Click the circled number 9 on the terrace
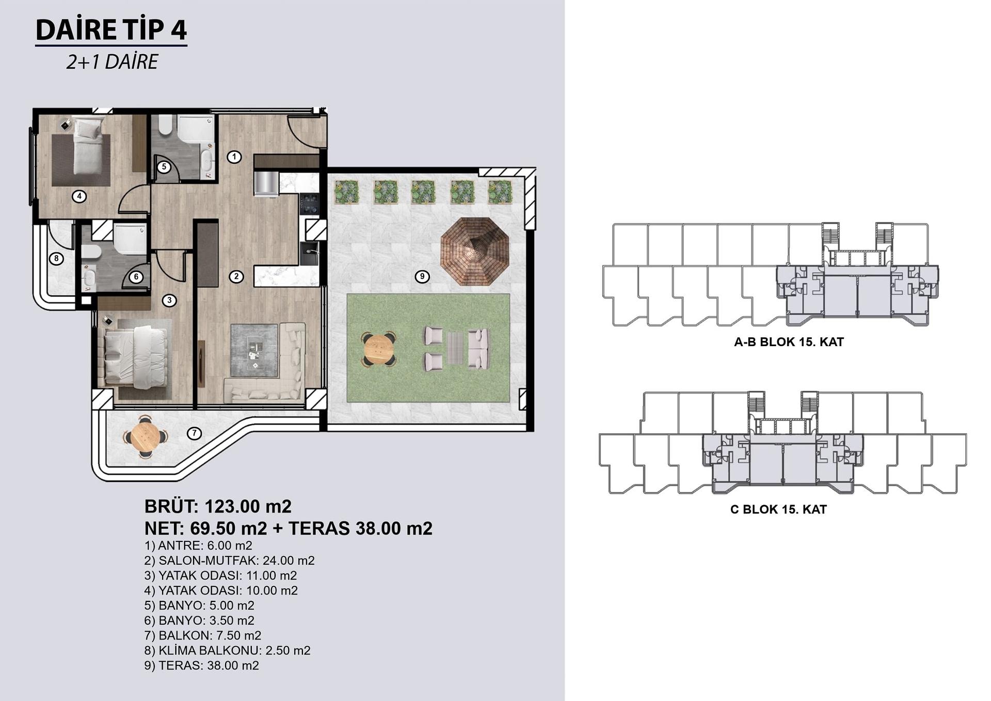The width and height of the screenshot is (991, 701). tap(422, 276)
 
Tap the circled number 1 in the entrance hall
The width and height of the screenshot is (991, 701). tap(234, 157)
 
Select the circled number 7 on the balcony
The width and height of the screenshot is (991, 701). tap(194, 433)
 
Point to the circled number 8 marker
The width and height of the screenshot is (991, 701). tap(56, 259)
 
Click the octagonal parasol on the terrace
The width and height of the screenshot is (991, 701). tap(475, 251)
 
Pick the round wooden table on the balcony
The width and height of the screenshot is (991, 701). tap(146, 437)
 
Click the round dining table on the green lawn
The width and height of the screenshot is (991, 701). tap(379, 349)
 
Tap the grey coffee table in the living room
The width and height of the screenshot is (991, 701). tap(254, 350)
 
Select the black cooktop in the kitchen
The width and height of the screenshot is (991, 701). tap(310, 204)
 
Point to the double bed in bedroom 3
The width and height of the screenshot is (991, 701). tap(136, 357)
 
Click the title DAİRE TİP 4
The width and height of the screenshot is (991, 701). tap(111, 29)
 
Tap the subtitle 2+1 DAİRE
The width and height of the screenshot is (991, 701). tap(112, 62)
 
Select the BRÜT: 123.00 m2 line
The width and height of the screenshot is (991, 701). tap(218, 506)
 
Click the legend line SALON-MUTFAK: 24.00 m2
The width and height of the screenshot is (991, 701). tap(230, 560)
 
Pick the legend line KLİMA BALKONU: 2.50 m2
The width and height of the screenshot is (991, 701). tap(228, 650)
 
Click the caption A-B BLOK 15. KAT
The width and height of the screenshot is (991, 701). tap(789, 342)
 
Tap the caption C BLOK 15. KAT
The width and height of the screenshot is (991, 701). tap(778, 509)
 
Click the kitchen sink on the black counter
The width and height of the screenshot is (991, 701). tap(310, 254)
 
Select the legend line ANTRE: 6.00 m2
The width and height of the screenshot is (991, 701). tap(199, 546)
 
